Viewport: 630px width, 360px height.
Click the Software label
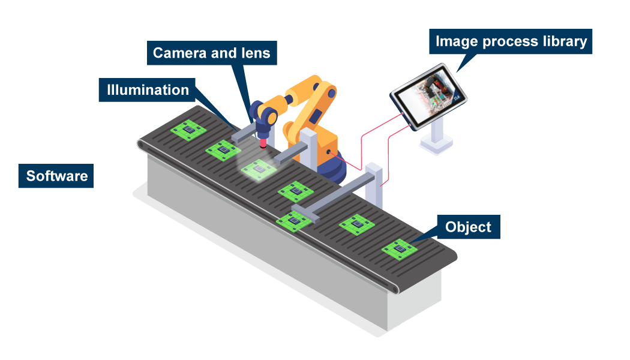[x=56, y=176]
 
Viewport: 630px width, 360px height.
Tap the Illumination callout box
[x=148, y=90]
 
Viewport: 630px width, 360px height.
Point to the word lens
[x=255, y=53]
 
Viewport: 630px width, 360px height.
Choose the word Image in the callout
[x=452, y=41]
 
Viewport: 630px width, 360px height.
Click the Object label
[x=468, y=227]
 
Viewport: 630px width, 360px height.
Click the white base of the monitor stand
[x=437, y=145]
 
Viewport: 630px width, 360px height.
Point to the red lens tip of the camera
[x=263, y=142]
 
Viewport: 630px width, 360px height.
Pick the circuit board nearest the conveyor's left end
[x=188, y=129]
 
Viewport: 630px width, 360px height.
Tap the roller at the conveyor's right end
[x=395, y=289]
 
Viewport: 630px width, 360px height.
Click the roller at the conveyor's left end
[x=141, y=145]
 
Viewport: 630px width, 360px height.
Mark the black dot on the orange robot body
[x=328, y=152]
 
